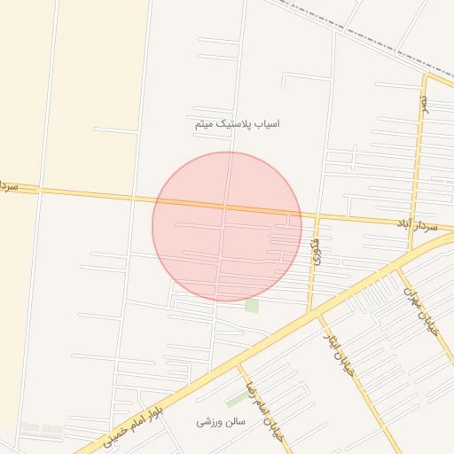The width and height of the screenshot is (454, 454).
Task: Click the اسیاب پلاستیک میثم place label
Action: click(237, 124)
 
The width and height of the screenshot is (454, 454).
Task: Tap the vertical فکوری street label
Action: click(316, 251)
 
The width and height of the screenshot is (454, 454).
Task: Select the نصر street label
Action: click(425, 106)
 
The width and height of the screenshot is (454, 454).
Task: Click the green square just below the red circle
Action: click(252, 306)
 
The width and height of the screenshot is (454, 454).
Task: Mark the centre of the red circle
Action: click(227, 226)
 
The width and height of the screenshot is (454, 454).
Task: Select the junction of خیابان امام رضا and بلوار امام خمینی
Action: click(238, 364)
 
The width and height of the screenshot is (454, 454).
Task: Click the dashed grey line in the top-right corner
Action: click(372, 35)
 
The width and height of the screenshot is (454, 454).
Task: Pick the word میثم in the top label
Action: click(205, 125)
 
